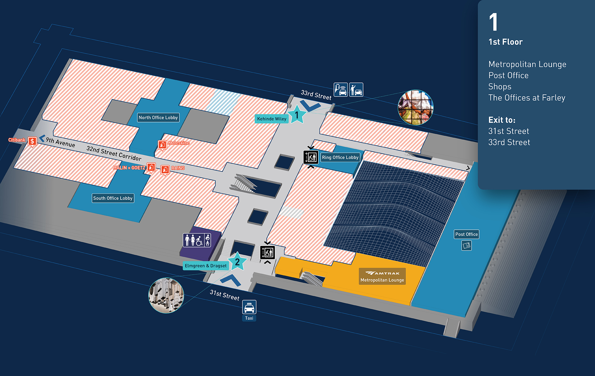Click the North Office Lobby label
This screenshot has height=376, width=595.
(x=158, y=118)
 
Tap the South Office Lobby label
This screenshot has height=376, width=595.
(x=113, y=198)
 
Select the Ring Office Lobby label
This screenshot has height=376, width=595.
(x=340, y=157)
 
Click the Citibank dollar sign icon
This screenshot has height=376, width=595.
(x=32, y=142)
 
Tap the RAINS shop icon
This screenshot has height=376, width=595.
(x=165, y=170)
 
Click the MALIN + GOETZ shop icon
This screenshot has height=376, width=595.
(x=151, y=168)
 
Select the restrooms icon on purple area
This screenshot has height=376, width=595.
(x=197, y=240)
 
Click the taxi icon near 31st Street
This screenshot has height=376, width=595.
(x=249, y=307)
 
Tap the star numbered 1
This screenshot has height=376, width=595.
(x=297, y=115)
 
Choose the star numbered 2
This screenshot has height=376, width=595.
(x=237, y=262)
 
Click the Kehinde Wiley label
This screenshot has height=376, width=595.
(x=271, y=119)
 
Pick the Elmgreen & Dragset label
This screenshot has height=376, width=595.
(x=205, y=266)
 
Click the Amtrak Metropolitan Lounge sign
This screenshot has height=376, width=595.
(x=382, y=276)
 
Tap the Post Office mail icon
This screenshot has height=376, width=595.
(x=466, y=246)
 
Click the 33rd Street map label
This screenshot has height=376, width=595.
(x=316, y=95)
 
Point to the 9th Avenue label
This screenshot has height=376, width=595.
(x=60, y=142)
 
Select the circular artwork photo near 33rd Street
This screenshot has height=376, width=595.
(x=415, y=107)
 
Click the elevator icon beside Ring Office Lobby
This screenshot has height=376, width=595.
(x=311, y=157)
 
